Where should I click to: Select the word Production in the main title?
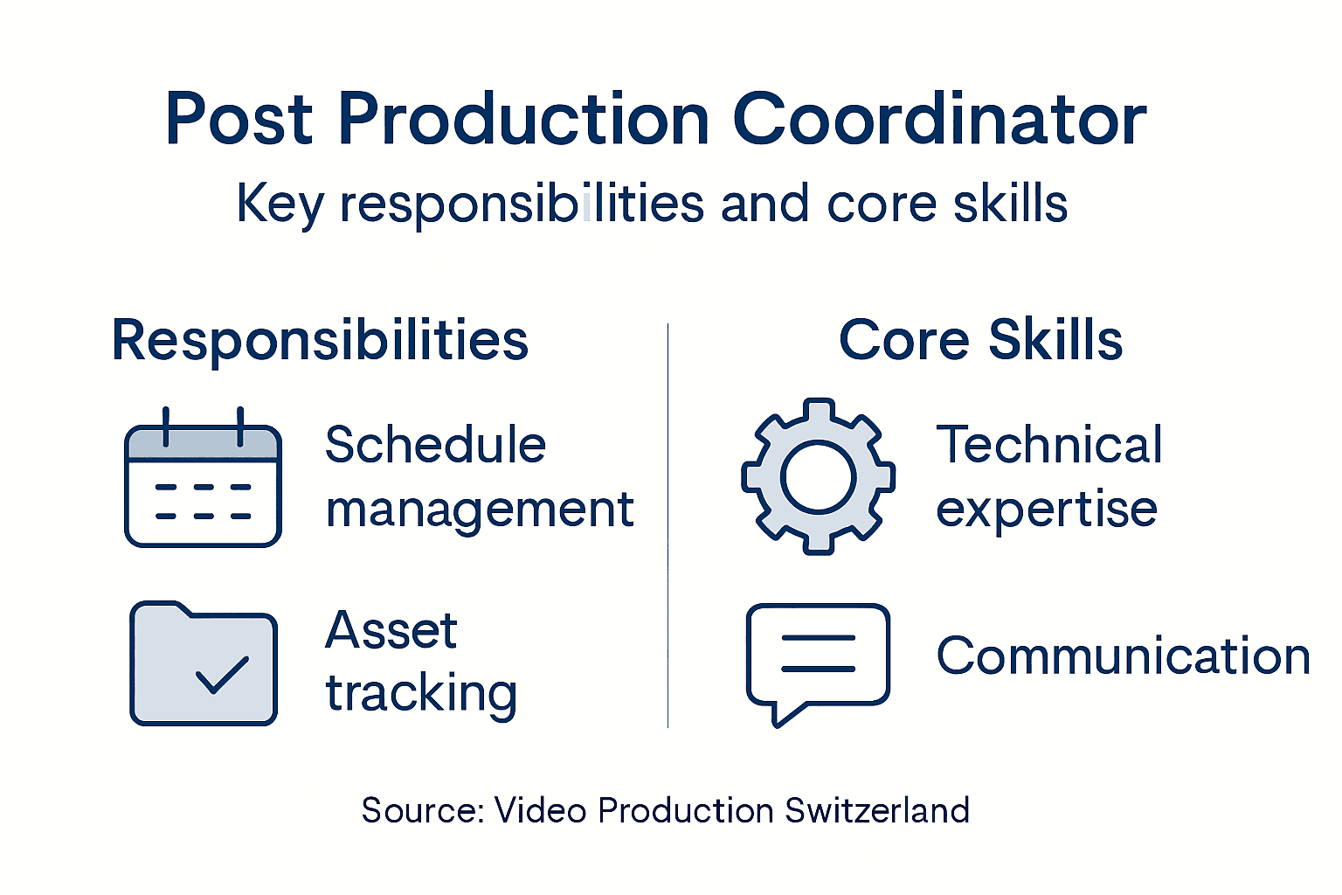point(523,121)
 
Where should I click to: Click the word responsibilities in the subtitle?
point(522,205)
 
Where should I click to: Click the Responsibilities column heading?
point(320,340)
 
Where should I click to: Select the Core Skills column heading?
point(980,340)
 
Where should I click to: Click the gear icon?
point(818,476)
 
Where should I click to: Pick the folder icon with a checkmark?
point(204,663)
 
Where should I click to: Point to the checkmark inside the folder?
point(222,675)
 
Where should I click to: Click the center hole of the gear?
point(818,477)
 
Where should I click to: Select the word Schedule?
point(435,445)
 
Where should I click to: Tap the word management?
point(479,510)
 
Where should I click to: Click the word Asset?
point(391,630)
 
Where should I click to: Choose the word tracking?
point(421,694)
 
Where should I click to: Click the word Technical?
point(1048,445)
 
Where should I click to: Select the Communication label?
point(1123,656)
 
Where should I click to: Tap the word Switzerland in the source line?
point(876,810)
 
